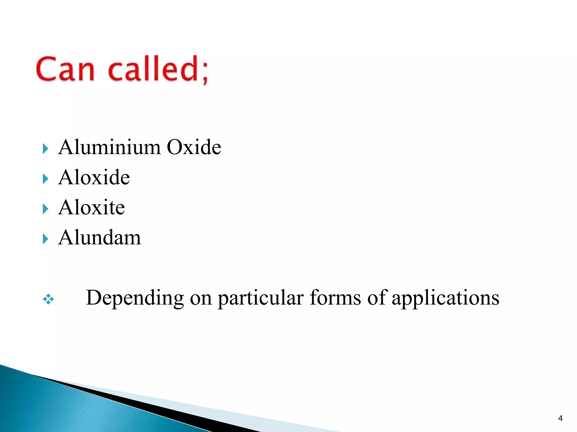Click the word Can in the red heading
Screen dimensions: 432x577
point(65,69)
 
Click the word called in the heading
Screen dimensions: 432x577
point(154,69)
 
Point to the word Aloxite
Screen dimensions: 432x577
point(91,207)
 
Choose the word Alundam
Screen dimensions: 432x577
point(99,238)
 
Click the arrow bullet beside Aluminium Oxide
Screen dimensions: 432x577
point(45,148)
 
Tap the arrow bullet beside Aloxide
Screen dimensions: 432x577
point(45,179)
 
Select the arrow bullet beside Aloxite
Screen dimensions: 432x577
point(45,209)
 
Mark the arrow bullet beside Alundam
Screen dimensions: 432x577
point(45,239)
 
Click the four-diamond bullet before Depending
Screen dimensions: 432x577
point(48,299)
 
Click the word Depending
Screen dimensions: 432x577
point(135,298)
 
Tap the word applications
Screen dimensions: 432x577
point(445,298)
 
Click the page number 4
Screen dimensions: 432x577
point(560,418)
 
